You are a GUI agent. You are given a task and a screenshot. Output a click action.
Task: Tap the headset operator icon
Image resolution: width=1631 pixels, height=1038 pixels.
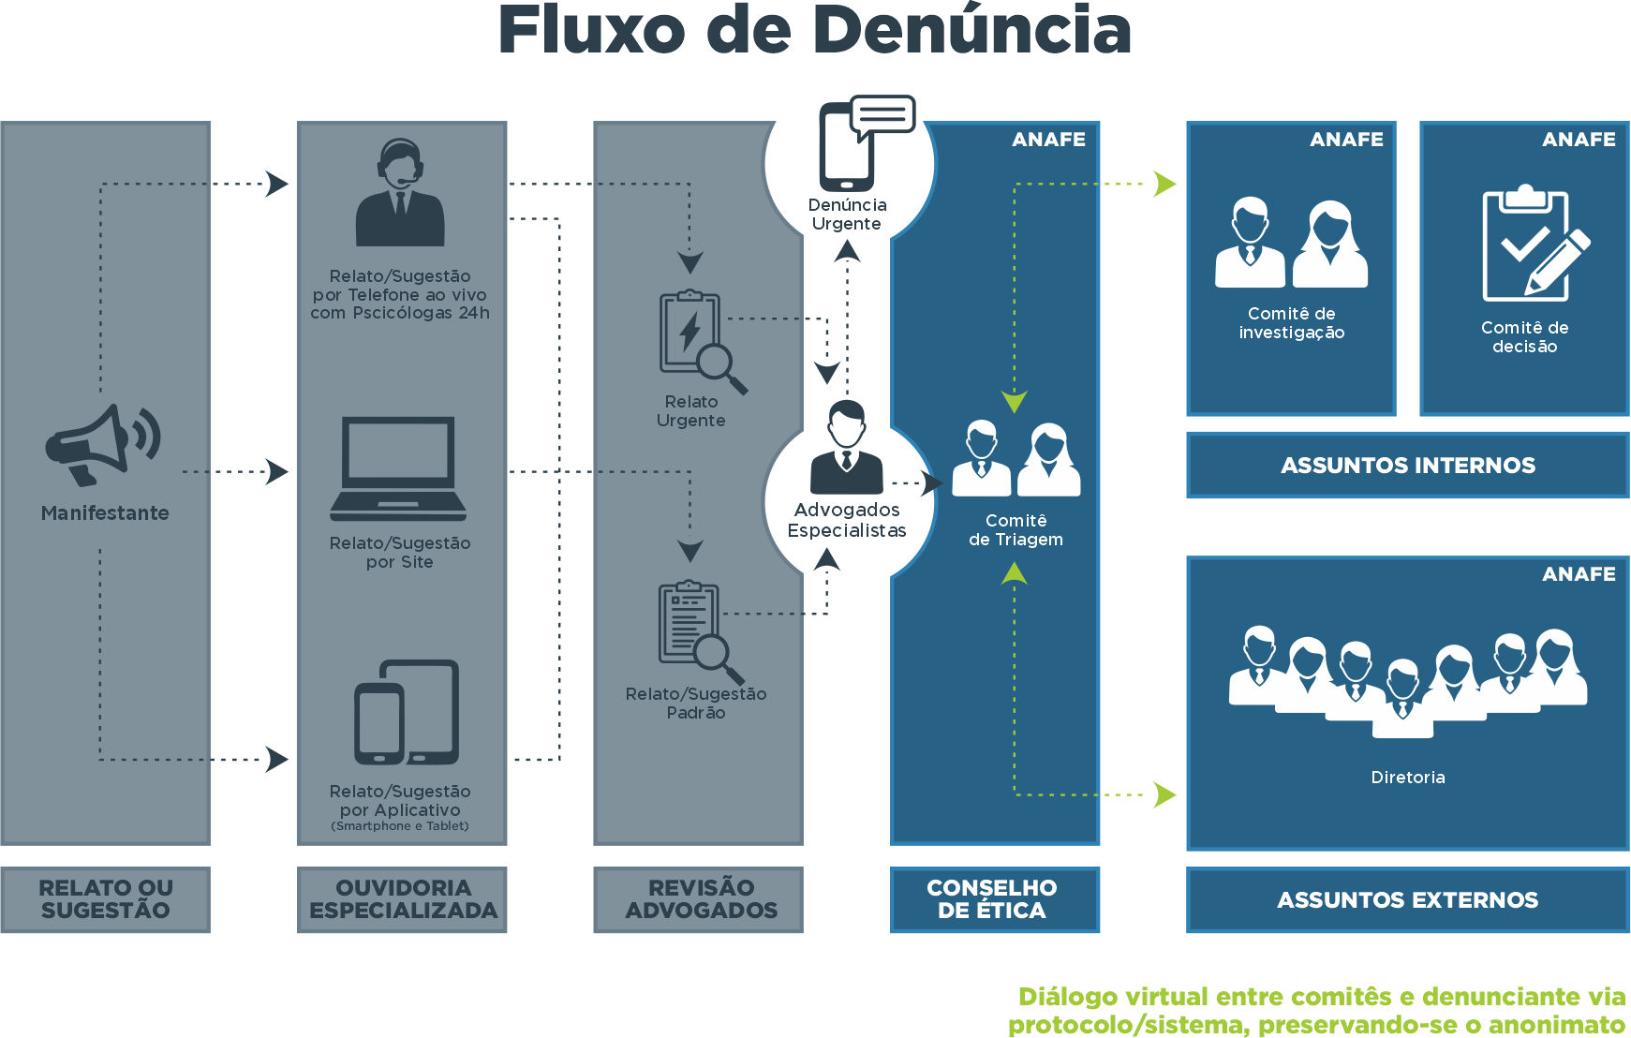point(400,193)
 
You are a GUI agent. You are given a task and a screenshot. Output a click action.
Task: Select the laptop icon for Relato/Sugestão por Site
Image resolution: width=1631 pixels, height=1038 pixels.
point(398,469)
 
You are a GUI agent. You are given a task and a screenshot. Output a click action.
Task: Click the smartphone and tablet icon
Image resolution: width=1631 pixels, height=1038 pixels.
point(407,713)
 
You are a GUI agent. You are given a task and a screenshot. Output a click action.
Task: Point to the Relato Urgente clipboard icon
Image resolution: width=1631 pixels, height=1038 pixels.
point(698,340)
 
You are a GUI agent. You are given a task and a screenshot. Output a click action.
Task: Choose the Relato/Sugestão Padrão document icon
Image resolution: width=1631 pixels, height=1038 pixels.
point(698,630)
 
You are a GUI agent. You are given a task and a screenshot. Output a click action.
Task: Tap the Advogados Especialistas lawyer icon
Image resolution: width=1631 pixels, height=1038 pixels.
point(847,448)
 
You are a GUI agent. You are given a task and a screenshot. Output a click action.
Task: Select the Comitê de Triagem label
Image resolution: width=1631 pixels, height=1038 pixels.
point(1016,530)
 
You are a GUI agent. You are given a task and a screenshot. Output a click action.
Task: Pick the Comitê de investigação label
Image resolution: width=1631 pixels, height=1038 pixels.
point(1291,323)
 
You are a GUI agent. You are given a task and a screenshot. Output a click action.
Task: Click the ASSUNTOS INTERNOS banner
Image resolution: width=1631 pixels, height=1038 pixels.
point(1407,466)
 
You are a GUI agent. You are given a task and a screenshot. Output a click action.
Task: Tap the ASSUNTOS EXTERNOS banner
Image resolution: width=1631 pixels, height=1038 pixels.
point(1407,900)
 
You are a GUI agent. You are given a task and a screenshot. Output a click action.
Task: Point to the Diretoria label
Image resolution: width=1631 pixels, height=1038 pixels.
point(1407,778)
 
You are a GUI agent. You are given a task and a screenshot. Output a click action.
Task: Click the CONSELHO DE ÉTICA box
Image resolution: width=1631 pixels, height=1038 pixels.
point(994,899)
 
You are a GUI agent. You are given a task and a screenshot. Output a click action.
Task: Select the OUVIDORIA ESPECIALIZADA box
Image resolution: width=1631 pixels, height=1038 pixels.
point(402,899)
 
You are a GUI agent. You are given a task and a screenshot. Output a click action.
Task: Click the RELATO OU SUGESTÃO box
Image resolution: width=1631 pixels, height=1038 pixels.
point(105,899)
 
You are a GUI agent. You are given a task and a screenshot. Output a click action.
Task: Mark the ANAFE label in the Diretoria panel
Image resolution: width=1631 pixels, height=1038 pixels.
point(1579,574)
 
